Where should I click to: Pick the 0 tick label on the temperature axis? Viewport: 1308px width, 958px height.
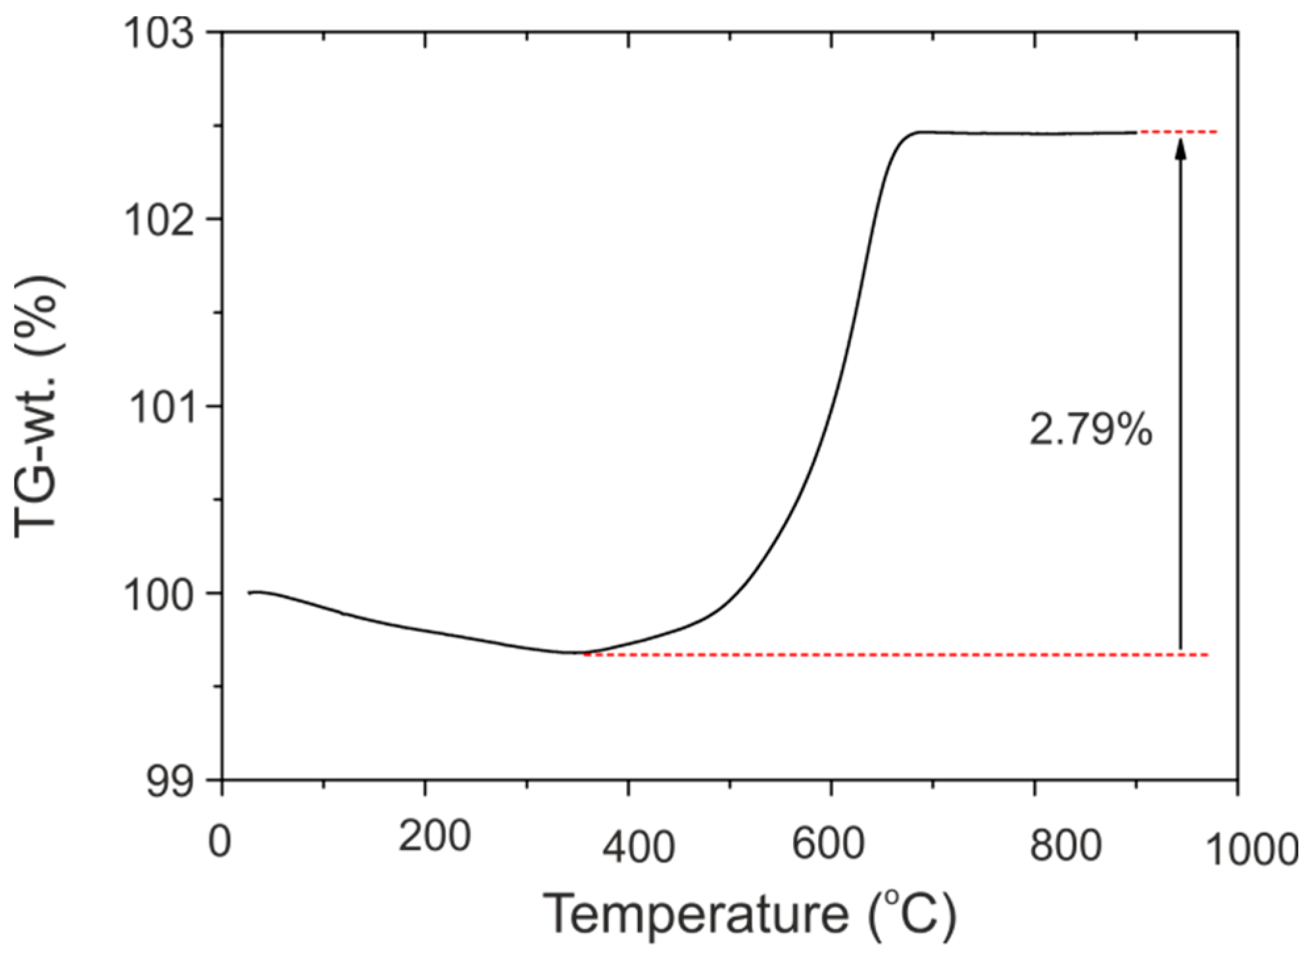(220, 841)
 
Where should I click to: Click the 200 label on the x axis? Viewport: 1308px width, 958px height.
(434, 836)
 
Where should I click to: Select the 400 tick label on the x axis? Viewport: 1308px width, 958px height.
(638, 846)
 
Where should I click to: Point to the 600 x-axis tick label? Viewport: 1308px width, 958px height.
(827, 842)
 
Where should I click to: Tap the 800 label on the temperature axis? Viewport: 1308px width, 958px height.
(1065, 845)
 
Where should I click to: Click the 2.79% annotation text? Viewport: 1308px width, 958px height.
(1090, 431)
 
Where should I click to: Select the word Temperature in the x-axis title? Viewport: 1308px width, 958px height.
(697, 914)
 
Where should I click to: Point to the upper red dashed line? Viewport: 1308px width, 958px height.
(1177, 132)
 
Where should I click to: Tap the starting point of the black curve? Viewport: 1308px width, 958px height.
(249, 592)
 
